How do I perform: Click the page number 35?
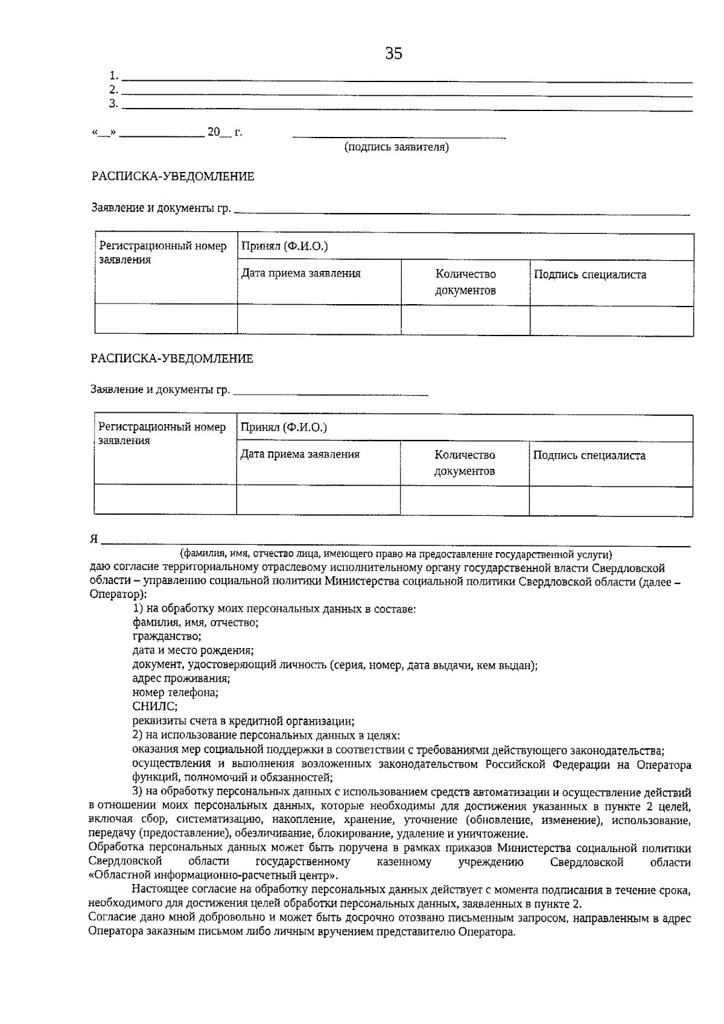tap(393, 54)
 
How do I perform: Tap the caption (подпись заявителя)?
tap(396, 147)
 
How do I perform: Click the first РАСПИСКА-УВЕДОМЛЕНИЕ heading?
tap(173, 176)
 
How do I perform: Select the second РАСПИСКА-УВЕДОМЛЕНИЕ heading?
tap(172, 358)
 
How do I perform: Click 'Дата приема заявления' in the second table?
tap(300, 454)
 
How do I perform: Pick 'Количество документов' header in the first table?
tap(465, 282)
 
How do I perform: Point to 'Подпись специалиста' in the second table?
tap(589, 456)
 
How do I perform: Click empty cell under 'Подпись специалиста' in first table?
tap(611, 320)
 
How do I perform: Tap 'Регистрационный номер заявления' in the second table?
tap(162, 434)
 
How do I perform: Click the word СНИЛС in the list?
tap(154, 706)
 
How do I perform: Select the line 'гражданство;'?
tap(167, 636)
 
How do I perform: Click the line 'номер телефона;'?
tap(175, 693)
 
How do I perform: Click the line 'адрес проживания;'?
tap(180, 678)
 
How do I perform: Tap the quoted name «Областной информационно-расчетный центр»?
tap(214, 876)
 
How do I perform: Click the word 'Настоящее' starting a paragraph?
tap(158, 889)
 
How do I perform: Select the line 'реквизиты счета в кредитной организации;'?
tap(243, 721)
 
